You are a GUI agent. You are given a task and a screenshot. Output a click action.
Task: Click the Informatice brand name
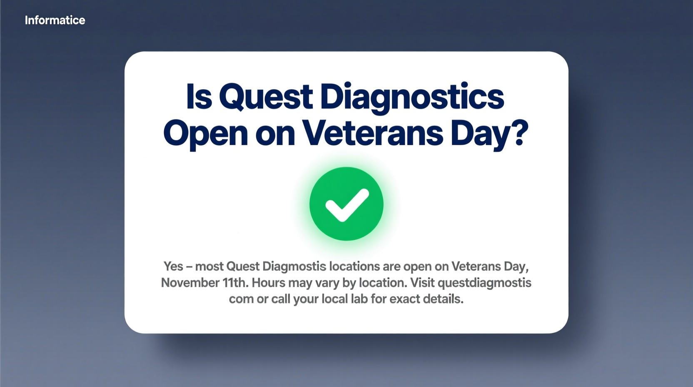tap(55, 20)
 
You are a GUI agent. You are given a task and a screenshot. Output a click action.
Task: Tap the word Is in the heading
tap(199, 96)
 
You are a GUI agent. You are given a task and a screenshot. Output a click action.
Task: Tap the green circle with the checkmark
tap(346, 204)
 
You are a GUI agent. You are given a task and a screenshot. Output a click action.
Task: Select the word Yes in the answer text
tap(173, 266)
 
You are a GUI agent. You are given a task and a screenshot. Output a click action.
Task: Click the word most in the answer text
tap(209, 266)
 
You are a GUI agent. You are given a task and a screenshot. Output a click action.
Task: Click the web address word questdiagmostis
tap(485, 283)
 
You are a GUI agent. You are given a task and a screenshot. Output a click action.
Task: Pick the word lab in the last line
tap(359, 299)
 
